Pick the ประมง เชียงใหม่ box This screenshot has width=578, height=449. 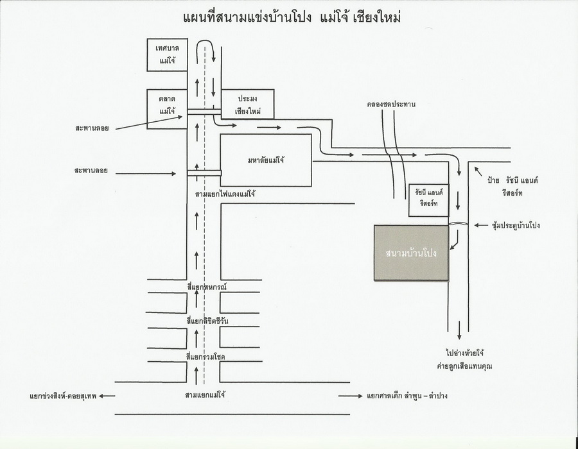[247, 104]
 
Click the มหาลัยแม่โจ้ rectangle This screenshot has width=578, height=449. [266, 160]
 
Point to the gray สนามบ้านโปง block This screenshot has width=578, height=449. [411, 253]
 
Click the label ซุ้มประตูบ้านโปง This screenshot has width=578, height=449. [516, 225]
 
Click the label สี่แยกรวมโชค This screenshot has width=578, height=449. [206, 355]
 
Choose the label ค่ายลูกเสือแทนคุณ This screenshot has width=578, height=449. [464, 366]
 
